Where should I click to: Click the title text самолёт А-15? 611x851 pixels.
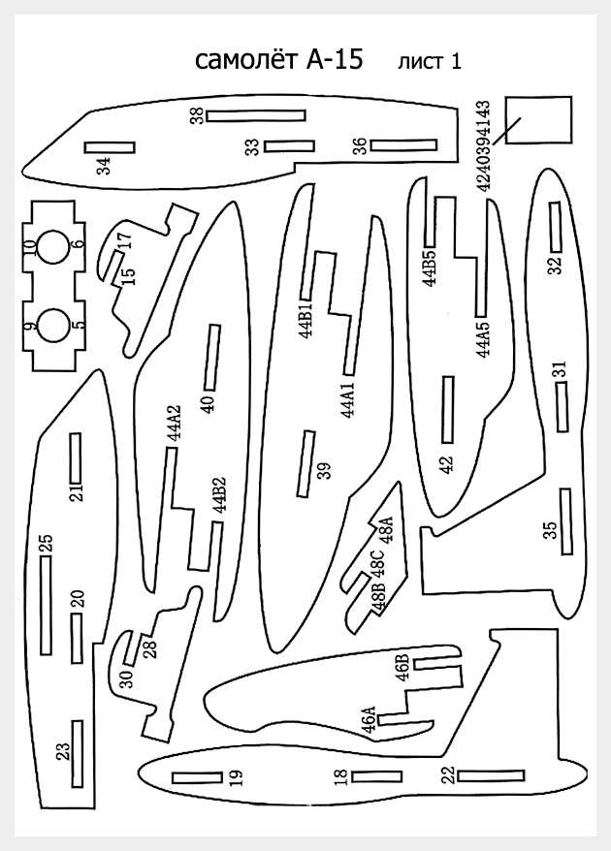pyautogui.click(x=278, y=60)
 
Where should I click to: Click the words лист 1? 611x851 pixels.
pyautogui.click(x=430, y=61)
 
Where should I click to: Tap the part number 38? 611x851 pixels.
pyautogui.click(x=197, y=115)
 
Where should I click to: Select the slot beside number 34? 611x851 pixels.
pyautogui.click(x=110, y=147)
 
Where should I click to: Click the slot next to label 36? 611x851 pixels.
pyautogui.click(x=403, y=145)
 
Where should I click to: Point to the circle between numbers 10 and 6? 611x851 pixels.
pyautogui.click(x=53, y=247)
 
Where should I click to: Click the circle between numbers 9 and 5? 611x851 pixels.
pyautogui.click(x=53, y=326)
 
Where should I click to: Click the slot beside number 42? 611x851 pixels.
pyautogui.click(x=448, y=410)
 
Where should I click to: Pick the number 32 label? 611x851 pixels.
pyautogui.click(x=555, y=265)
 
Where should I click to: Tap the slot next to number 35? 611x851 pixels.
pyautogui.click(x=566, y=521)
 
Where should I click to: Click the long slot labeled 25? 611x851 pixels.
pyautogui.click(x=47, y=605)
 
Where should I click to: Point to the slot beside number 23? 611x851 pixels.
pyautogui.click(x=78, y=754)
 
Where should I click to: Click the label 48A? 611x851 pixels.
pyautogui.click(x=385, y=530)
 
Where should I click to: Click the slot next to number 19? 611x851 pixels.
pyautogui.click(x=197, y=777)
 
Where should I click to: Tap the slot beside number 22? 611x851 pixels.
pyautogui.click(x=491, y=775)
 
